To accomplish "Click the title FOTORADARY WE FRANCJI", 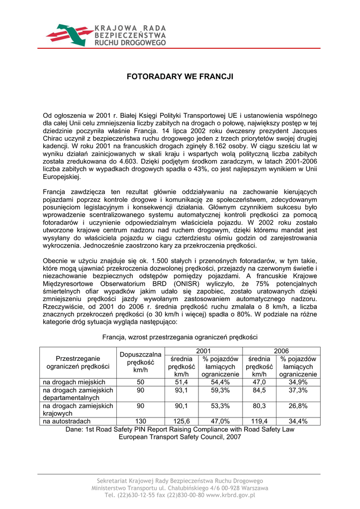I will click(180, 78).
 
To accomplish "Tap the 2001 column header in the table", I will click(203, 351).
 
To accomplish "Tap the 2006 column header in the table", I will click(281, 351).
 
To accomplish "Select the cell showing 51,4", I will click(181, 382).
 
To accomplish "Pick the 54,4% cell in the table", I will click(220, 382).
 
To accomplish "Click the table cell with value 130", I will click(141, 421).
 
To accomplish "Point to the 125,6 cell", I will click(181, 421).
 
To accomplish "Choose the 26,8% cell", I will click(298, 406).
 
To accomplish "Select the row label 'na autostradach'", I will click(67, 421).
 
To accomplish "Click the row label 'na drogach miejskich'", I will click(74, 382).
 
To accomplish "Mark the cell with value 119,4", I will click(259, 421).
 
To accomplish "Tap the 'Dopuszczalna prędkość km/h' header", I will click(141, 362).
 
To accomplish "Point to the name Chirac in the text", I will click(54, 139).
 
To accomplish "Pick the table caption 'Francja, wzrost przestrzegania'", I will click(180, 337).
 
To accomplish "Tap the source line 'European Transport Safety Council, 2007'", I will click(180, 437).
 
